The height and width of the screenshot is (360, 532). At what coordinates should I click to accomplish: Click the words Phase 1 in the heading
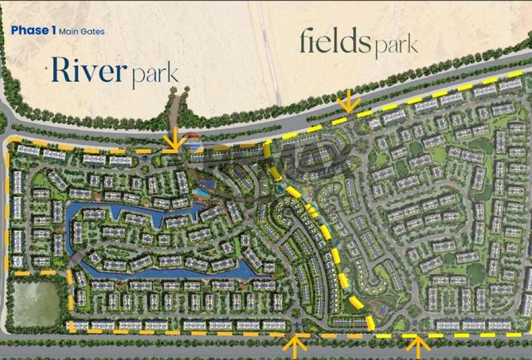pos(33,31)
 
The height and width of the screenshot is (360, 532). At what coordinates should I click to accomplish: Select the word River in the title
pos(88,70)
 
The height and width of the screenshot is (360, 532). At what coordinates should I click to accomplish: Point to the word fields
pos(334,41)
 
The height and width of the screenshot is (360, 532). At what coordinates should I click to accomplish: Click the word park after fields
pos(393,45)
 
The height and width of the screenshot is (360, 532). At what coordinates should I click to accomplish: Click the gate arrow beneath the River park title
pos(172,140)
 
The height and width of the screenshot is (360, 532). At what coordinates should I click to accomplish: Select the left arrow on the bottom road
pos(295,346)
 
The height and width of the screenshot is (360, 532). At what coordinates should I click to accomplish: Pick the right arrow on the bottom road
pos(416,345)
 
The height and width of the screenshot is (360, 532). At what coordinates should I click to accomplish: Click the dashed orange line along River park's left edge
pos(9,207)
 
